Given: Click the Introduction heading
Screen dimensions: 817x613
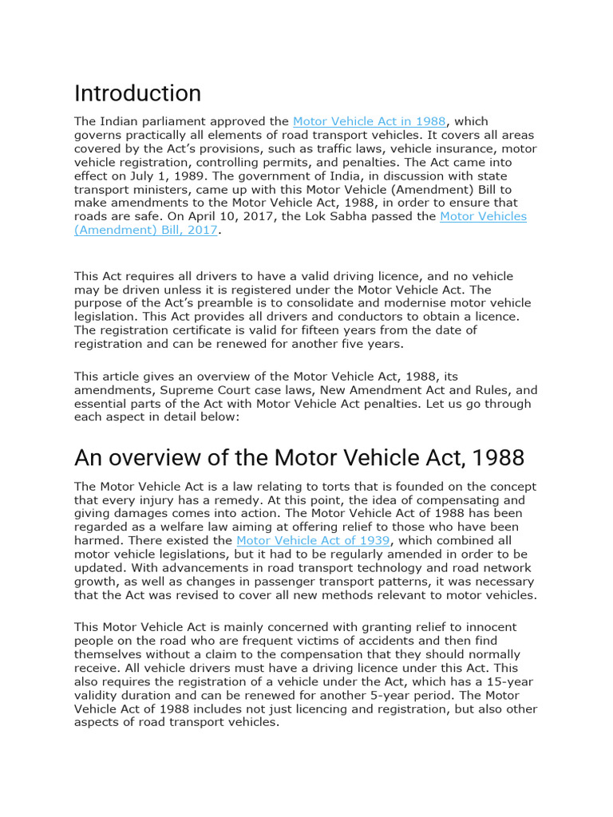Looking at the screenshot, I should (137, 94).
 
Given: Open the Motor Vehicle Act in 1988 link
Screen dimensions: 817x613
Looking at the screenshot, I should (369, 121).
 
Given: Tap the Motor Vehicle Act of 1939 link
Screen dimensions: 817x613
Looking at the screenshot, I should (313, 541).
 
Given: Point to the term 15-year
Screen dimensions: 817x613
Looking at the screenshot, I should (506, 681).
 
